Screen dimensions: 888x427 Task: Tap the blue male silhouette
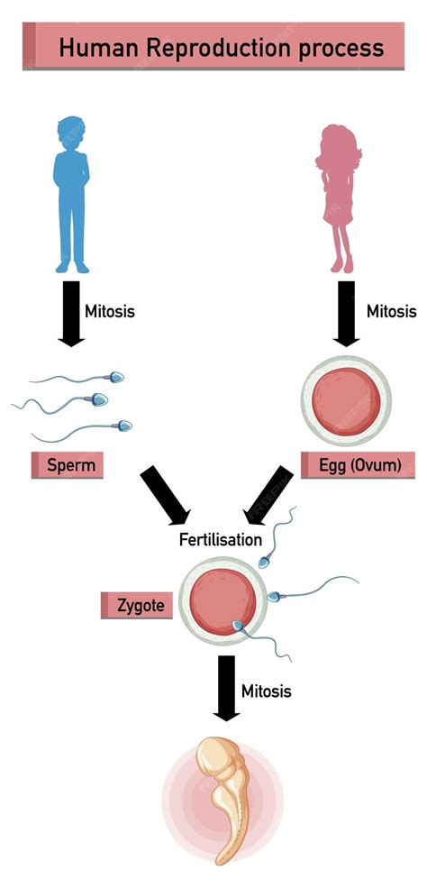72,198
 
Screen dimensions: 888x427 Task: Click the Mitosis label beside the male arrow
110,312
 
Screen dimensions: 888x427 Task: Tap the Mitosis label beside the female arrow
392,312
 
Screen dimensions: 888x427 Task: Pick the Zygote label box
138,605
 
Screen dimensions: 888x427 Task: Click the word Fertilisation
220,540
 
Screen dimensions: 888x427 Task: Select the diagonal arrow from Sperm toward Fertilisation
165,495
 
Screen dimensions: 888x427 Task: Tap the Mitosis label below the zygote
267,691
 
